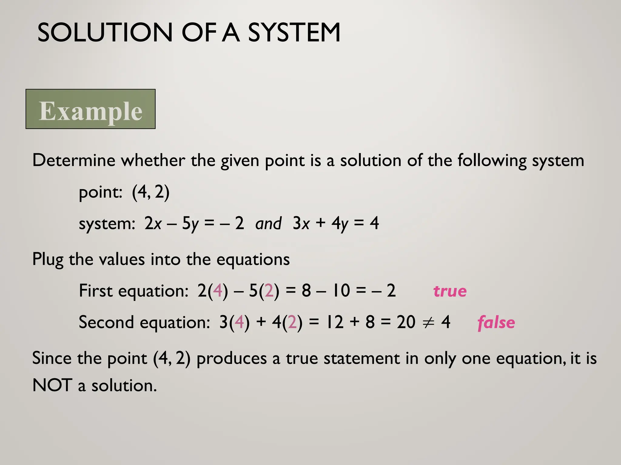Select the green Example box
coord(90,109)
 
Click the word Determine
coord(74,160)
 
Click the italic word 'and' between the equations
coord(268,224)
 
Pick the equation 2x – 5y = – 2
coord(194,224)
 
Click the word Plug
coord(48,260)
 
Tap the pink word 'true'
coord(450,291)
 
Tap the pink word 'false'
coord(496,322)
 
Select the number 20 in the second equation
coord(406,322)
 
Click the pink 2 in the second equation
coord(293,322)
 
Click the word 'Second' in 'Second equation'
coord(106,322)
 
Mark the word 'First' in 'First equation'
coord(96,291)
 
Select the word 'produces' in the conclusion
coord(231,359)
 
